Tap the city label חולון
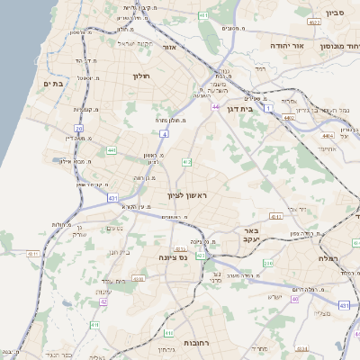(x=141, y=76)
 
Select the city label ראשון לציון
(x=187, y=195)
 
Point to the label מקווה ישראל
(x=135, y=42)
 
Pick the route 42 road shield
(x=103, y=302)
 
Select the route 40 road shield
(x=293, y=298)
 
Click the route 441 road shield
(x=111, y=150)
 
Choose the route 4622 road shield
(x=314, y=20)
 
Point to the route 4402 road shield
(x=289, y=117)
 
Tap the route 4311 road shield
(x=34, y=255)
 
